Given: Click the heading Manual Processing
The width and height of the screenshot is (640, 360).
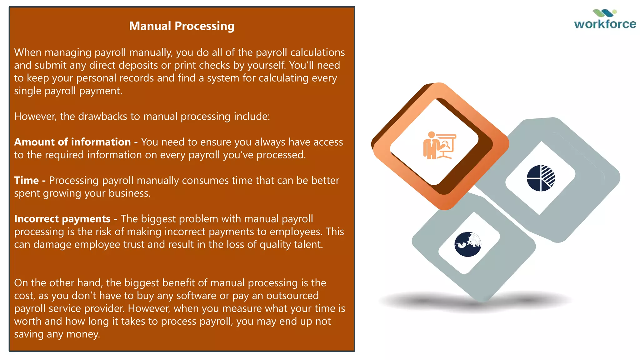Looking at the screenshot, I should [182, 26].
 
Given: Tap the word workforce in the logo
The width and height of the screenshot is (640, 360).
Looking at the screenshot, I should [605, 24].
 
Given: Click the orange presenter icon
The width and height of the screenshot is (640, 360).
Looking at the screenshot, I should [439, 145].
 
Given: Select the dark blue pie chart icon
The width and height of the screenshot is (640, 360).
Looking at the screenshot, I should [541, 178].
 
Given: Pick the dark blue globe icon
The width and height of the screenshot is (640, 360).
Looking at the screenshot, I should [467, 244].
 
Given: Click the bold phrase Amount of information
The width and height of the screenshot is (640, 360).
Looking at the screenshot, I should [72, 142].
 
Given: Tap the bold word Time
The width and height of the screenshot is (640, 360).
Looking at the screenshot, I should [27, 180].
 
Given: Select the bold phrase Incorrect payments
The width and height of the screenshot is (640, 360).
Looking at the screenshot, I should [62, 219].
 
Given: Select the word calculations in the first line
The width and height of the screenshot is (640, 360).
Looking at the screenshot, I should [317, 52].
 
